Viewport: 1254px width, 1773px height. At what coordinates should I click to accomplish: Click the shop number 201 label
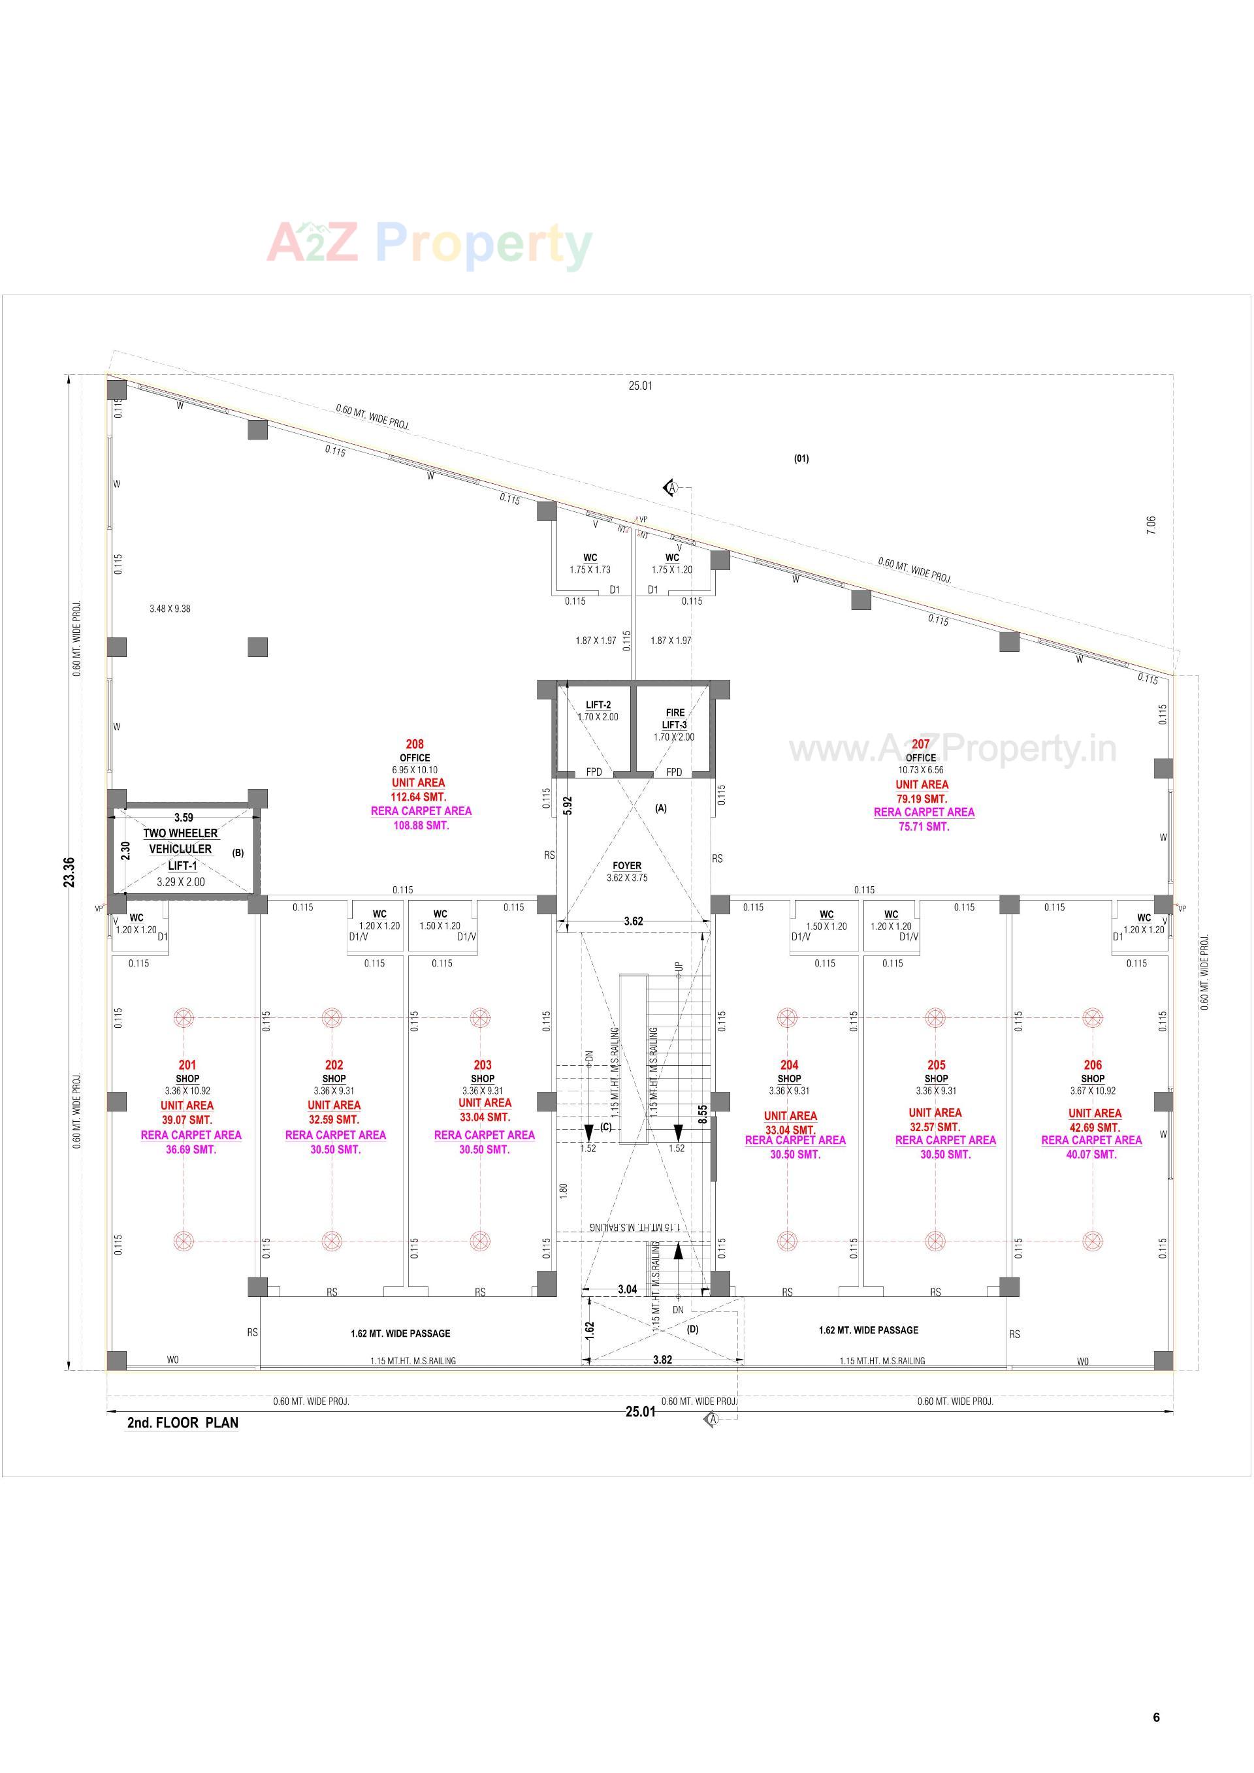(x=187, y=1065)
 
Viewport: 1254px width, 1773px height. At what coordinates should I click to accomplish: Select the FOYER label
(x=627, y=866)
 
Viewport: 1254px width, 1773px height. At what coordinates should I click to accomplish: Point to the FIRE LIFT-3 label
(x=675, y=719)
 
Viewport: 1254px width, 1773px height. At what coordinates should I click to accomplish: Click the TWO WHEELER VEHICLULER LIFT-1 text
(x=181, y=849)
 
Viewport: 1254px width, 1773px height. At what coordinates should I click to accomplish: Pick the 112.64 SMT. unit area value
(x=419, y=797)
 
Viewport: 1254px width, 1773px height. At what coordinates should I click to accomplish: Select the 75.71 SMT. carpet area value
(x=924, y=826)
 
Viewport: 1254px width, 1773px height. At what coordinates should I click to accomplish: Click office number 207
(x=920, y=744)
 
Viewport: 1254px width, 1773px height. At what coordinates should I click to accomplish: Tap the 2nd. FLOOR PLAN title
(x=183, y=1423)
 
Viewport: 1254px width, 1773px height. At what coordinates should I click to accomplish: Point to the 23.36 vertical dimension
(x=69, y=872)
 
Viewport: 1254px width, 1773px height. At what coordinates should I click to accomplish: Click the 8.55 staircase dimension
(x=703, y=1113)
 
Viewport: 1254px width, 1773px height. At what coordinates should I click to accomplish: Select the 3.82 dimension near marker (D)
(x=662, y=1359)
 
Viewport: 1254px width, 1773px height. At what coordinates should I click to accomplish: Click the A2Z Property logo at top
(x=429, y=245)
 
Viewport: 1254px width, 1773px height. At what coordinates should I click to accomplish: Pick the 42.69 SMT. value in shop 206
(x=1094, y=1127)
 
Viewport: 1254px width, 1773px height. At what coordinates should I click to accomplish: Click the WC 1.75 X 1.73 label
(x=590, y=563)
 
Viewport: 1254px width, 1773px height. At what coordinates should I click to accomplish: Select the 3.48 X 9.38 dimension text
(x=170, y=609)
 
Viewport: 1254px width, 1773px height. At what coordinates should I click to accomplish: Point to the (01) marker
(x=801, y=458)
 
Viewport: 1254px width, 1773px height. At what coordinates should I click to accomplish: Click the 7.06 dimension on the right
(x=1151, y=526)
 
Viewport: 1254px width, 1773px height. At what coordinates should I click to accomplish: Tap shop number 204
(x=789, y=1065)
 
